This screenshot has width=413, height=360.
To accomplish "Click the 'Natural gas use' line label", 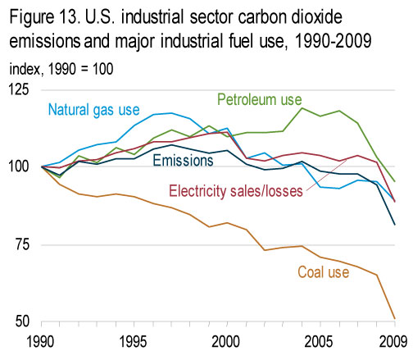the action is click(x=93, y=110).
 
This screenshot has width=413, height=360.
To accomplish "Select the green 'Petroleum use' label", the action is click(x=260, y=99).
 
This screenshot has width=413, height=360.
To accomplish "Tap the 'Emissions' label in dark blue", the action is click(x=183, y=160).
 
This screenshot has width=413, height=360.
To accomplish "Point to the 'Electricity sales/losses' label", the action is click(x=236, y=191).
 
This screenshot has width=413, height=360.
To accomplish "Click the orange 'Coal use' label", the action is click(x=324, y=272).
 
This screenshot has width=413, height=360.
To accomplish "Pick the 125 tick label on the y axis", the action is click(x=19, y=89).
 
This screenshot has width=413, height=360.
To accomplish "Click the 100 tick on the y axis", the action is click(x=19, y=166).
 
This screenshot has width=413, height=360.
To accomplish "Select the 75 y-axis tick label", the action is click(x=22, y=244).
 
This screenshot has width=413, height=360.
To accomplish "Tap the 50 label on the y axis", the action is click(x=22, y=321).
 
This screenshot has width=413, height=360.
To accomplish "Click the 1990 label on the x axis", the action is click(x=41, y=342).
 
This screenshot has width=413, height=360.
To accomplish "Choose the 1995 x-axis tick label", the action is click(x=134, y=342).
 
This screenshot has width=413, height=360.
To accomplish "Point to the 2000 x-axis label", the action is click(x=226, y=342).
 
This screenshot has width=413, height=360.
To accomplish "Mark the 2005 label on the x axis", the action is click(x=319, y=342).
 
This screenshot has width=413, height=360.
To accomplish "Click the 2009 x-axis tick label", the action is click(x=393, y=342).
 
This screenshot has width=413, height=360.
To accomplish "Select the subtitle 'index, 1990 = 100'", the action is click(x=61, y=69).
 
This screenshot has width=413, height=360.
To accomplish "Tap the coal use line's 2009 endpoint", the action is click(x=395, y=318).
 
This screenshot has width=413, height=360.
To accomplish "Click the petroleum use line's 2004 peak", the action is click(x=302, y=108).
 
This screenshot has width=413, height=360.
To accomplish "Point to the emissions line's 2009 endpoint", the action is click(x=395, y=225).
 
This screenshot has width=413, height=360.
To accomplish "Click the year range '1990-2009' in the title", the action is click(x=334, y=41).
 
